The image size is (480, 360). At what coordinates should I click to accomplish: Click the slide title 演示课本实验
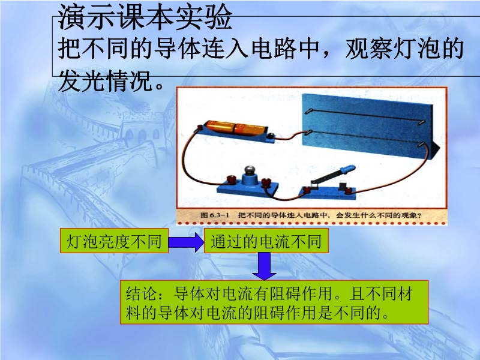[145, 17]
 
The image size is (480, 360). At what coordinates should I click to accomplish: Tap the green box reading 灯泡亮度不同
[114, 241]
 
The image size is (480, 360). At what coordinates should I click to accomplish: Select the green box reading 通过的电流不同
[266, 241]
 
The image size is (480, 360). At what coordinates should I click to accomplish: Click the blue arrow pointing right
[186, 242]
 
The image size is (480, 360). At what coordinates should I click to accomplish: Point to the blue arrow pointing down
[264, 266]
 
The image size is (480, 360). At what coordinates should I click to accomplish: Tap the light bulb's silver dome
[250, 170]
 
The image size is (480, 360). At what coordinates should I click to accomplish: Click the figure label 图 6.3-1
[215, 215]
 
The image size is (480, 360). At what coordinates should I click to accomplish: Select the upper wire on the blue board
[365, 116]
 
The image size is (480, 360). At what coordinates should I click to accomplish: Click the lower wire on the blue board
[365, 138]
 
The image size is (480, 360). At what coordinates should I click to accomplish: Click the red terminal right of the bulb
[266, 182]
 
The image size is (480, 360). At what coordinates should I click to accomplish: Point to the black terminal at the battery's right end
[271, 136]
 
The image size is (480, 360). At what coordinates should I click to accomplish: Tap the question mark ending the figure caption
[419, 215]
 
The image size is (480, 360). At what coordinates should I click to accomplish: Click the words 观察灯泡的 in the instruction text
[404, 49]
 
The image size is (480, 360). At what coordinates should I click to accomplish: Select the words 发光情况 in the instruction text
[106, 80]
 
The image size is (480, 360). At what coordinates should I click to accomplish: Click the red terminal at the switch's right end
[348, 190]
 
